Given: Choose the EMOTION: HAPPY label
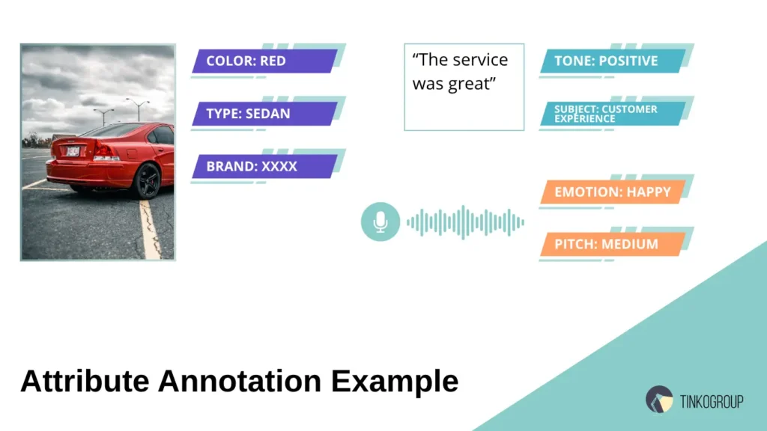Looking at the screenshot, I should click(x=612, y=192).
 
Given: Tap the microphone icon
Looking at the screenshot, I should click(x=381, y=222).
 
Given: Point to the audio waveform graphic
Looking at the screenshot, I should click(x=465, y=222).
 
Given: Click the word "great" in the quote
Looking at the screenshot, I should click(x=470, y=84).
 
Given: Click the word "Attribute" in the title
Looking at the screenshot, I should click(x=85, y=382).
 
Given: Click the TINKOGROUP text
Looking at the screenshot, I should click(x=711, y=402).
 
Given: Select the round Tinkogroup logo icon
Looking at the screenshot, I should click(x=659, y=399).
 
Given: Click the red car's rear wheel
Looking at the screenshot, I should click(x=148, y=181).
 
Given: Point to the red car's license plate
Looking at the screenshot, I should click(x=73, y=151).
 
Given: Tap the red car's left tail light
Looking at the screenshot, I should click(x=103, y=152).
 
